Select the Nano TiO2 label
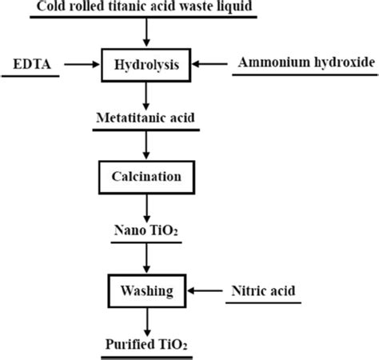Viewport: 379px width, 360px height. click(x=146, y=231)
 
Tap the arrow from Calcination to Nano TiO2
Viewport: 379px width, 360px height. click(x=146, y=206)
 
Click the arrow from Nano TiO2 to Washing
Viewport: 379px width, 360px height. click(x=146, y=258)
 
